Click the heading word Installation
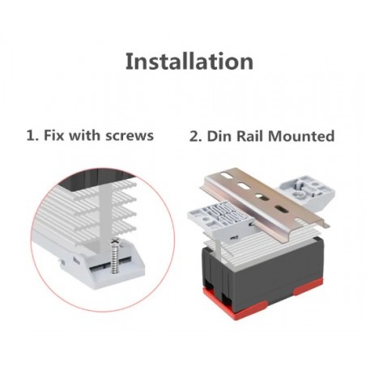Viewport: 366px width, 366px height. [x=189, y=62]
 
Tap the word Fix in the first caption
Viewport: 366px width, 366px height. [x=53, y=135]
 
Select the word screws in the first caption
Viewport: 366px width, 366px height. [x=130, y=135]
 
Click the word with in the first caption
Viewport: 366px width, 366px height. [x=84, y=135]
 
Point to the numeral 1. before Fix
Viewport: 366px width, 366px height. [x=32, y=135]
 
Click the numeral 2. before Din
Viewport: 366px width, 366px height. [x=196, y=136]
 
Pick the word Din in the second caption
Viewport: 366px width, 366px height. [x=219, y=136]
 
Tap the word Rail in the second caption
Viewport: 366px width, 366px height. [x=249, y=136]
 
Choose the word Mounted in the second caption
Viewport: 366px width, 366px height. [x=301, y=136]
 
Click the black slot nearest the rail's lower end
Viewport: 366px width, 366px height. [x=281, y=209]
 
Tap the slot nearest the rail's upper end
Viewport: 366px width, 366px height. [x=228, y=175]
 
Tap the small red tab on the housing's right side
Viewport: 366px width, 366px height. [x=308, y=287]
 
